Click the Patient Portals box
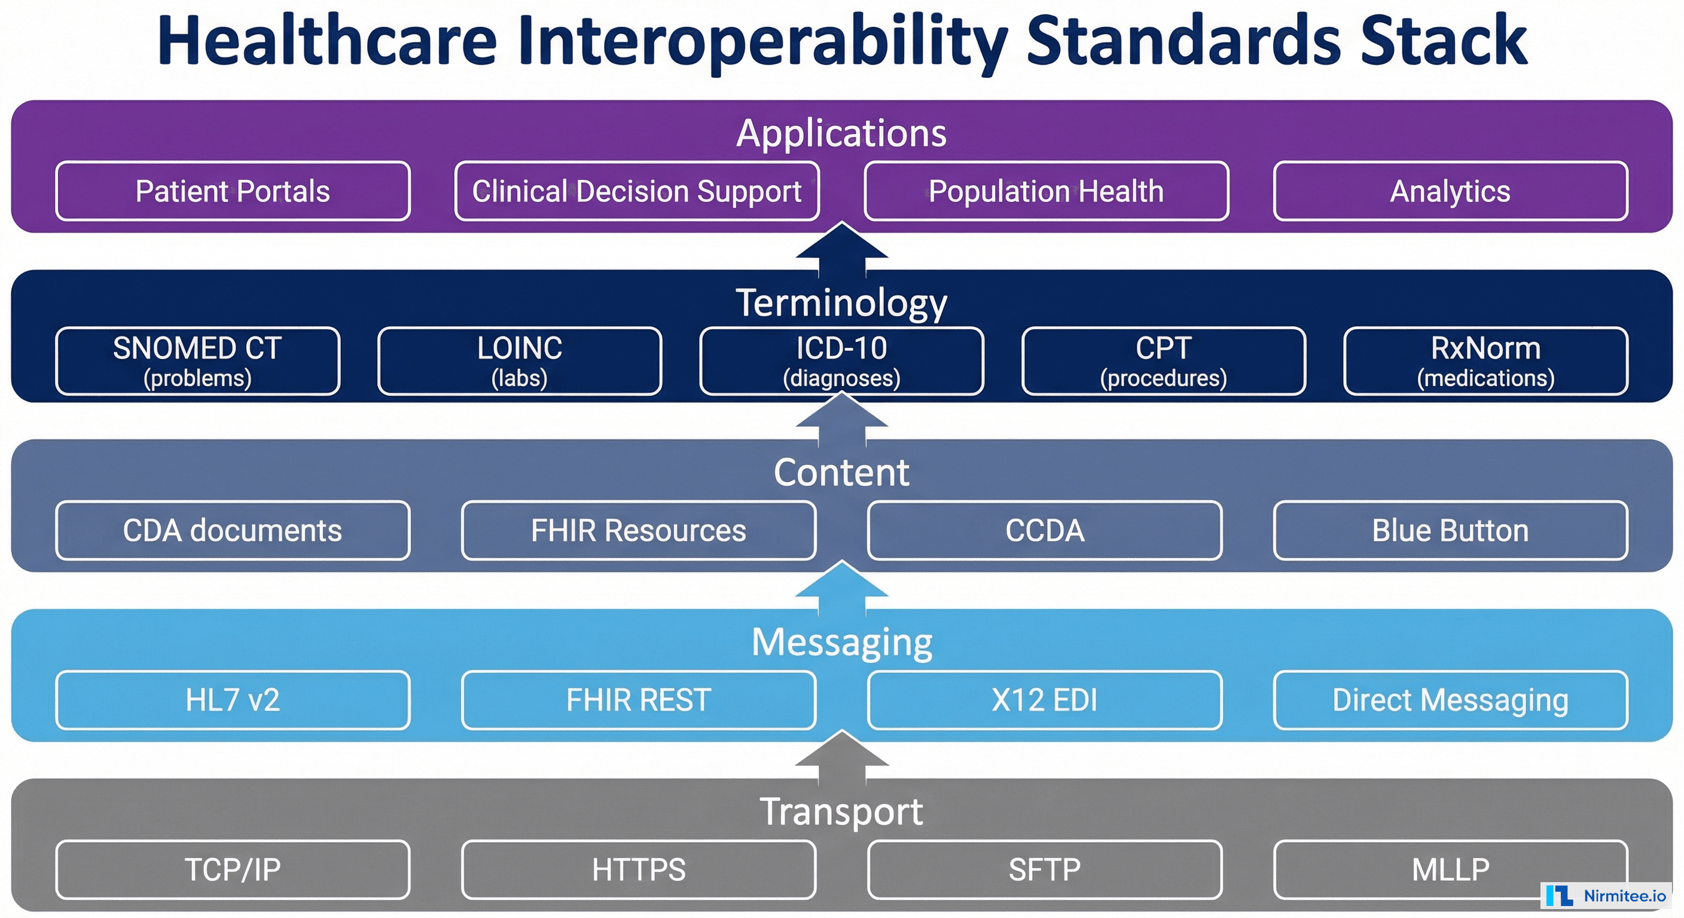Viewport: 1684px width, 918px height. click(233, 191)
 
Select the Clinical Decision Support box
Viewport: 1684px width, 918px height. click(637, 191)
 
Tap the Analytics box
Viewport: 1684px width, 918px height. click(1450, 191)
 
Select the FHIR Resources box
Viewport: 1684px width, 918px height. click(638, 531)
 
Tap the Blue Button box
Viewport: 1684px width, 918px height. click(1450, 531)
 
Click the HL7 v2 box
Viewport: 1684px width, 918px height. click(233, 700)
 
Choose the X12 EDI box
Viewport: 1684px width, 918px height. click(1044, 700)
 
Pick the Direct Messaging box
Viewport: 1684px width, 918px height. click(1450, 700)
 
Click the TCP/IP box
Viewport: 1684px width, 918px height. click(233, 870)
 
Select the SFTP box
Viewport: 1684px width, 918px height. click(1044, 870)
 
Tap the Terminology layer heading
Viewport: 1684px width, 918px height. click(841, 303)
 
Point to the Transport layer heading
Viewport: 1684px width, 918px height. click(841, 812)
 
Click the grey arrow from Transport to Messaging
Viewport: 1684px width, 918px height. click(842, 758)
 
